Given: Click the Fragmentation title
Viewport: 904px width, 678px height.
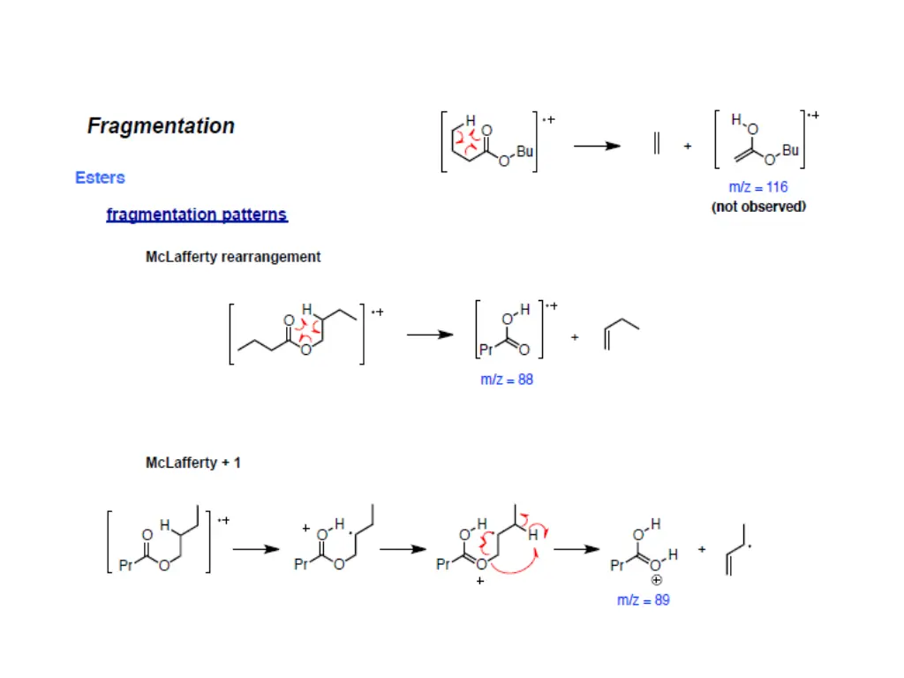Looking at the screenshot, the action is (161, 126).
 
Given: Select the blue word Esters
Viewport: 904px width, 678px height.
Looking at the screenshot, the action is (100, 177).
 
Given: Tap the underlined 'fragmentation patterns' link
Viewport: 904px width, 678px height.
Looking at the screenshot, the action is (197, 215).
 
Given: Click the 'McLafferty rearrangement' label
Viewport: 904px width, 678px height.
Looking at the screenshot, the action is (233, 257).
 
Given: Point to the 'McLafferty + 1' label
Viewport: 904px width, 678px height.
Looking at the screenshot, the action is (192, 463).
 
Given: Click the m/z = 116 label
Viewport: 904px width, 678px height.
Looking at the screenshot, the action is (758, 187).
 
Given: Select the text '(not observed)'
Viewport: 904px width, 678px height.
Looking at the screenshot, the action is (758, 207).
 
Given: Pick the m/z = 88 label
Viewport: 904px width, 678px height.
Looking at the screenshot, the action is (507, 380).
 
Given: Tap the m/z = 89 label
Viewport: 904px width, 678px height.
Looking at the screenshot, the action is (643, 600).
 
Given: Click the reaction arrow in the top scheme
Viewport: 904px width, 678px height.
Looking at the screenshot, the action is (597, 147).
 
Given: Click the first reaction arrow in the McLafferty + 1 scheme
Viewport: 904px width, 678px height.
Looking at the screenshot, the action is (256, 548).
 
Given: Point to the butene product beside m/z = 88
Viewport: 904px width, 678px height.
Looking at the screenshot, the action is (621, 334).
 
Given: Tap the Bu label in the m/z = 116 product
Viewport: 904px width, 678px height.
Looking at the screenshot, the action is (790, 151).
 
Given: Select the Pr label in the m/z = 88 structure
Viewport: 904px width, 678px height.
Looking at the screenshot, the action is (485, 350).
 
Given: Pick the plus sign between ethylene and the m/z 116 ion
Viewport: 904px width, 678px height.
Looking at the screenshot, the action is (688, 147).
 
